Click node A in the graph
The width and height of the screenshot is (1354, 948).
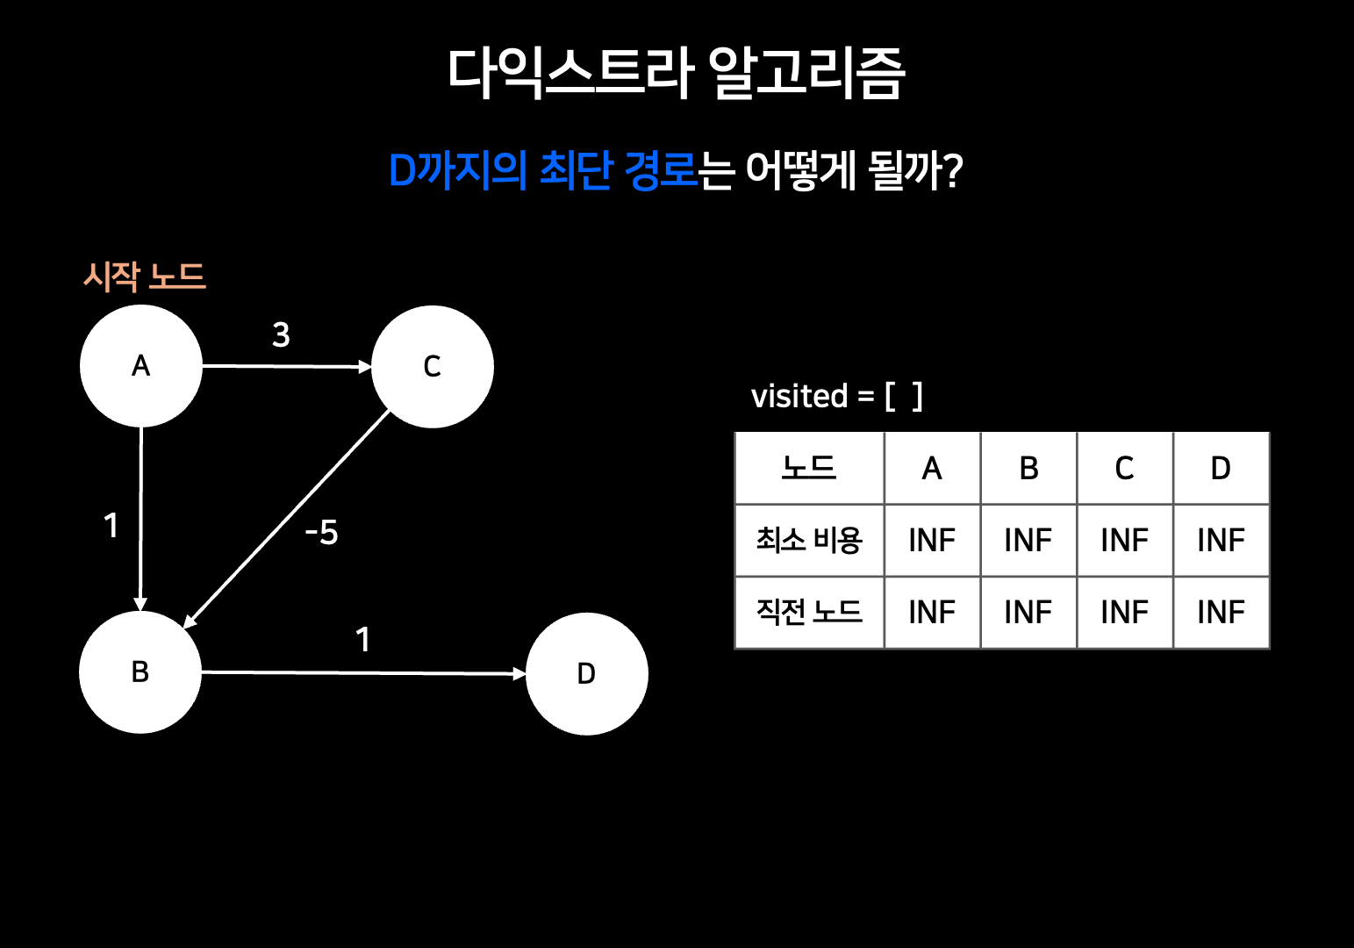[x=141, y=366]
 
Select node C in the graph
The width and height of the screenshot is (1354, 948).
[x=433, y=367]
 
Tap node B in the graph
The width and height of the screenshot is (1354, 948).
[x=140, y=672]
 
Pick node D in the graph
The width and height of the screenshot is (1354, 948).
[x=587, y=674]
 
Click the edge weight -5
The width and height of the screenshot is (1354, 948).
[x=321, y=533]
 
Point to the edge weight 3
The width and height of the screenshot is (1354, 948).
[x=281, y=335]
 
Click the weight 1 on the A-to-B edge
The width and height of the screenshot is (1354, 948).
[x=111, y=526]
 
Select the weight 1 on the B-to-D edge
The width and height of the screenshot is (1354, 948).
[x=362, y=640]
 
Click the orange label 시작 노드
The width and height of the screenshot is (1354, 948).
[x=145, y=276]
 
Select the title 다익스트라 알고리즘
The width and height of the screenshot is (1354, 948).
[x=676, y=72]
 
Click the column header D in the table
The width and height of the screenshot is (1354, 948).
[x=1221, y=469]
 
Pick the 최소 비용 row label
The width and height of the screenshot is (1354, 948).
[x=809, y=540]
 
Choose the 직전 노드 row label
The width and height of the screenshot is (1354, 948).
[x=809, y=612]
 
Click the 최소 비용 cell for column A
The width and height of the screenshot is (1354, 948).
[x=932, y=540]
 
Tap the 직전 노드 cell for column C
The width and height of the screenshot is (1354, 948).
[x=1124, y=612]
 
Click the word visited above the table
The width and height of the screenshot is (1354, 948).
[x=799, y=397]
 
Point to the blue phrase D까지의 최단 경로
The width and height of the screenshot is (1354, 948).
[x=542, y=170]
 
